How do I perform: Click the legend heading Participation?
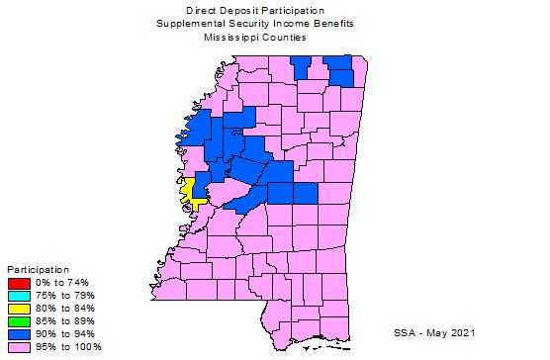point(39,269)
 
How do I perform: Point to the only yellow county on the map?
point(189,190)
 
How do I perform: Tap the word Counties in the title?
point(284,37)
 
